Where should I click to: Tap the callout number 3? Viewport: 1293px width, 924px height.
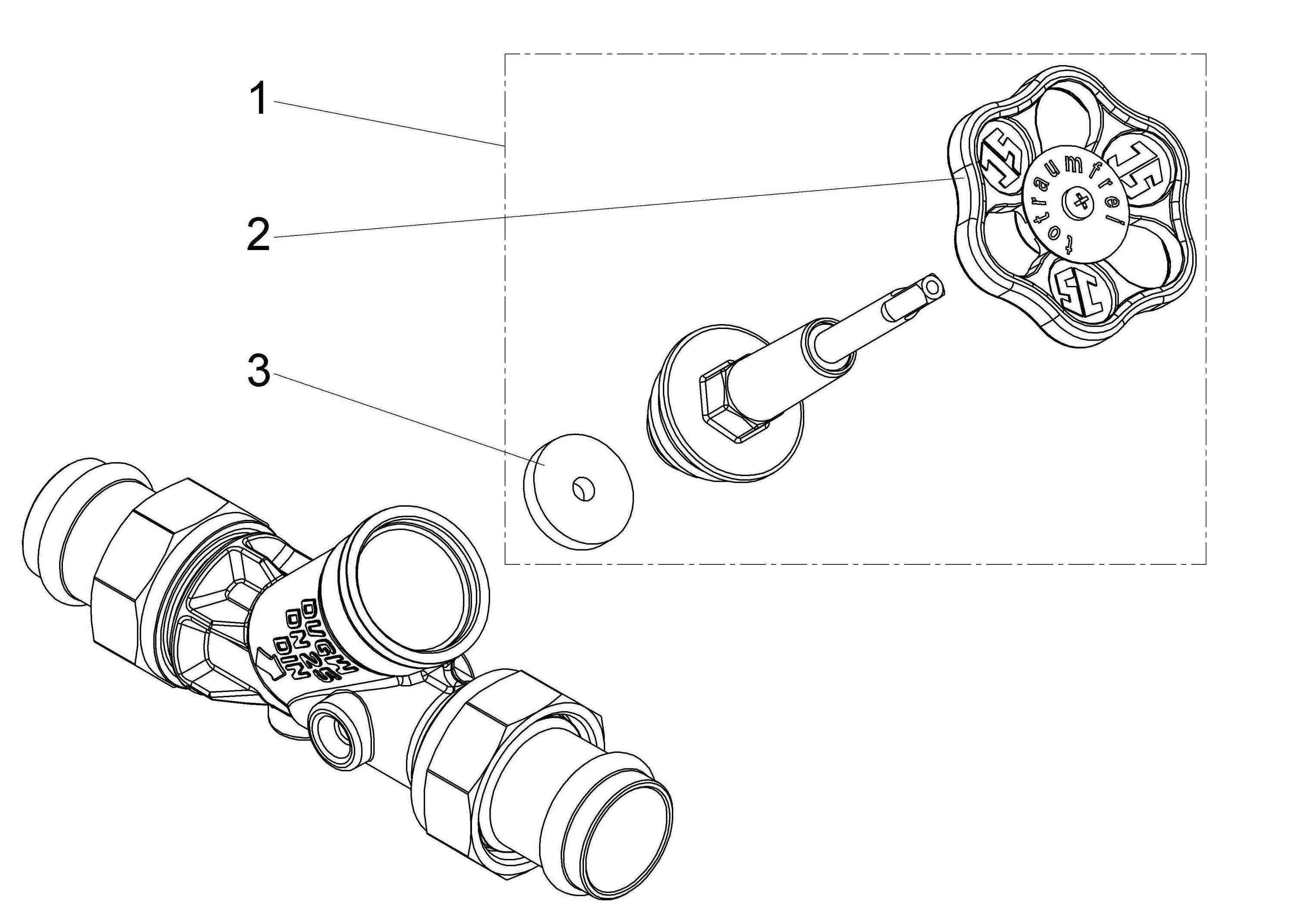259,371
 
